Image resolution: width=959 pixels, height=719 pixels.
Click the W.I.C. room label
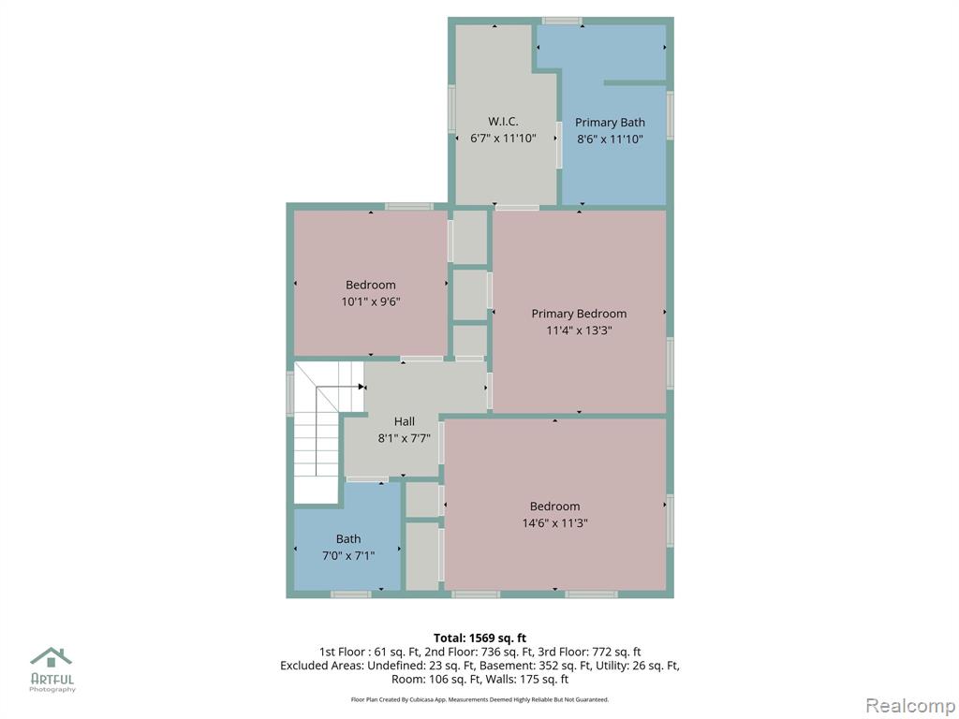(x=503, y=122)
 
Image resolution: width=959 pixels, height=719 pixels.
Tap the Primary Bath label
(x=610, y=123)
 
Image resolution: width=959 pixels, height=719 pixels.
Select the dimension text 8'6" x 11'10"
(x=610, y=139)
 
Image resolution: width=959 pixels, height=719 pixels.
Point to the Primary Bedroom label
(x=579, y=314)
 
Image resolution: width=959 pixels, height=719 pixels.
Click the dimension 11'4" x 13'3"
(x=579, y=330)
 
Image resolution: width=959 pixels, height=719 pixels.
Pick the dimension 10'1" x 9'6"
(x=371, y=301)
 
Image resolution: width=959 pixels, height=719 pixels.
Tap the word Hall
(x=405, y=421)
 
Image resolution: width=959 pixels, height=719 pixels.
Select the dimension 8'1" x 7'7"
(x=405, y=438)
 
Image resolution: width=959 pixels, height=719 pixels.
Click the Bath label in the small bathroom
(x=348, y=538)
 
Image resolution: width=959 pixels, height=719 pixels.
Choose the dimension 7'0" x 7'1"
(x=348, y=556)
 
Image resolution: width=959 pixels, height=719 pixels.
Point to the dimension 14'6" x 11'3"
(x=554, y=522)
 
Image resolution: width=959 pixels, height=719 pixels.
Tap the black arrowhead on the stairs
(x=361, y=387)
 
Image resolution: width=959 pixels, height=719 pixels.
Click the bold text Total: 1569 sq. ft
(x=479, y=638)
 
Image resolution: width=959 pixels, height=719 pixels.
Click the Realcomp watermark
(x=908, y=706)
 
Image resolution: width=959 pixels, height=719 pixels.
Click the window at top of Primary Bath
(x=562, y=21)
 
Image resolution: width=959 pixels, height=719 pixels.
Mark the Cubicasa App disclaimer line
(x=479, y=699)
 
